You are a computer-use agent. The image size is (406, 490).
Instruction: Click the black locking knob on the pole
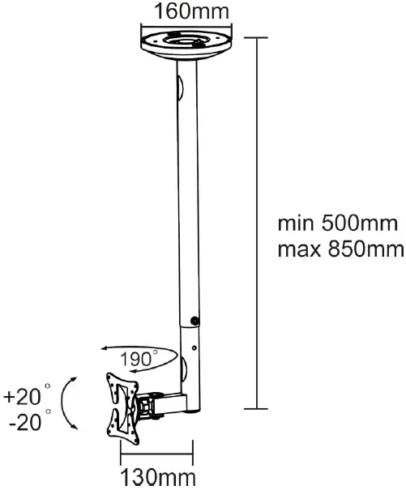click(194, 322)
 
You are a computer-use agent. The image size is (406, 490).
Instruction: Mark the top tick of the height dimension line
click(257, 36)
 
